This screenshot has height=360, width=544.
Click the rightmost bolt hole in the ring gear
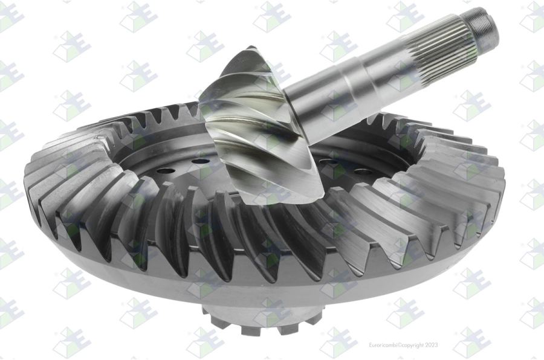click(363, 172)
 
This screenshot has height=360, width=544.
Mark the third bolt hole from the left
click(328, 162)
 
